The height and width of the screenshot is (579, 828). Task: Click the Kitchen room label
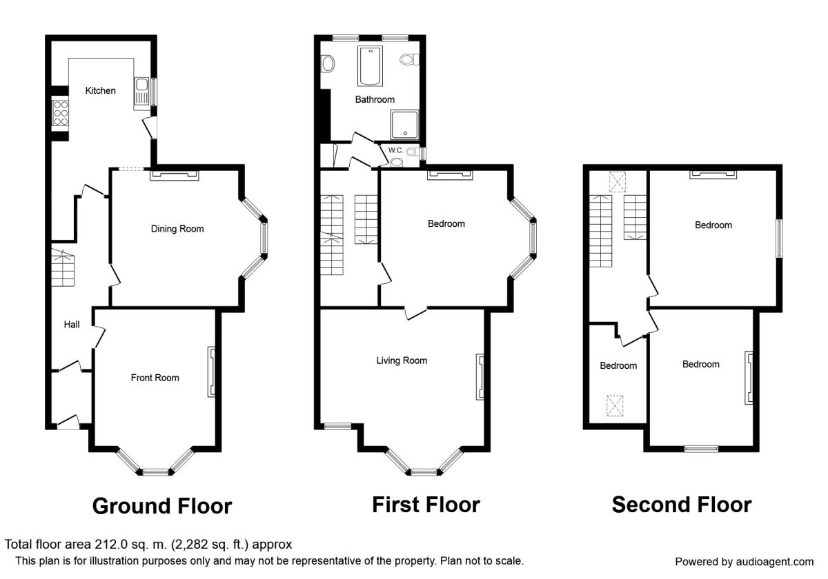[x=100, y=90]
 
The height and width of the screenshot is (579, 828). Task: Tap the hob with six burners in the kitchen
[x=60, y=112]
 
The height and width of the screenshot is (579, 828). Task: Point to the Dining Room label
[x=177, y=229]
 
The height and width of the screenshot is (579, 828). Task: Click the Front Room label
[x=155, y=378]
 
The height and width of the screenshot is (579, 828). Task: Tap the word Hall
[x=72, y=325]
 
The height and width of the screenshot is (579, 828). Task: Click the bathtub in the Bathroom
[x=370, y=66]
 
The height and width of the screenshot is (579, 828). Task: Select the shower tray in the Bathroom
[x=405, y=125]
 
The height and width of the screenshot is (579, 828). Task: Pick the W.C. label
[x=395, y=150]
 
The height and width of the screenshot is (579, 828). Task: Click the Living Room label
[x=402, y=360]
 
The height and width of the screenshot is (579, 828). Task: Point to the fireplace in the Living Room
[x=480, y=376]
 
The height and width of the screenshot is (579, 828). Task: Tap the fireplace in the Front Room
[x=212, y=372]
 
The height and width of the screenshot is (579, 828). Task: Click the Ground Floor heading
[x=162, y=506]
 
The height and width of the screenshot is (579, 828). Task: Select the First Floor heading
[x=426, y=505]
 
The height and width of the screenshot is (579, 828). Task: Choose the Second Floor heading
[x=682, y=505]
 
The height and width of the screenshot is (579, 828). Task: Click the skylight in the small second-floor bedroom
[x=615, y=405]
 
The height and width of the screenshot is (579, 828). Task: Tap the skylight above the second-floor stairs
[x=618, y=182]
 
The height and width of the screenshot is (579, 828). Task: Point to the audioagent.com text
[x=775, y=562]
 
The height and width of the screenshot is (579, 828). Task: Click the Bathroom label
[x=375, y=99]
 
